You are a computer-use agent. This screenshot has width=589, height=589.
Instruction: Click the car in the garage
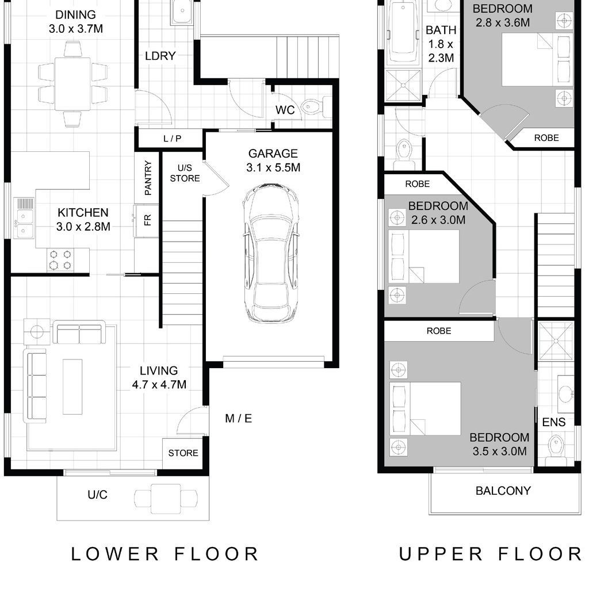270,253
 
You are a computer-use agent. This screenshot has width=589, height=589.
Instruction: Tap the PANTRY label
148,178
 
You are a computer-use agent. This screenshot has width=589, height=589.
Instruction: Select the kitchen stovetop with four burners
60,260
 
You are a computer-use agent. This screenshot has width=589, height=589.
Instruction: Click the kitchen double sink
24,219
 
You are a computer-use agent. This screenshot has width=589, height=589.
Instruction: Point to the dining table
72,84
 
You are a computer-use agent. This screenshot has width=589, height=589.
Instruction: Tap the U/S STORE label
185,173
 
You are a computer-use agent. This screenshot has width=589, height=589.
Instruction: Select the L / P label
173,139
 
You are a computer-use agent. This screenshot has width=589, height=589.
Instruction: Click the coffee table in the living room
72,387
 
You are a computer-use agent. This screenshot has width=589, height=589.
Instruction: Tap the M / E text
239,418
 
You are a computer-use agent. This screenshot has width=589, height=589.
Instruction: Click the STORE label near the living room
183,453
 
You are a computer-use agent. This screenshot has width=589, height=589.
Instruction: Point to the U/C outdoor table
166,499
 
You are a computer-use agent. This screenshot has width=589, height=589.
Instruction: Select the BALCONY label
503,491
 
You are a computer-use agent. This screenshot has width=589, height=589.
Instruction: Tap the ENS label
554,422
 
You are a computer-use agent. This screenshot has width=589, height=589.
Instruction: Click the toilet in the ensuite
555,450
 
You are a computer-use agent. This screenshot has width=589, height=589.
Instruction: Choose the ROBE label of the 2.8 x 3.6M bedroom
546,138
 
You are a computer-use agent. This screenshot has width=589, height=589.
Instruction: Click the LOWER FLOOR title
165,554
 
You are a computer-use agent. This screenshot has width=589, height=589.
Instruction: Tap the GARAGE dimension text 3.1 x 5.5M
273,167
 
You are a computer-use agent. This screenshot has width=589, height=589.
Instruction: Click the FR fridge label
148,219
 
